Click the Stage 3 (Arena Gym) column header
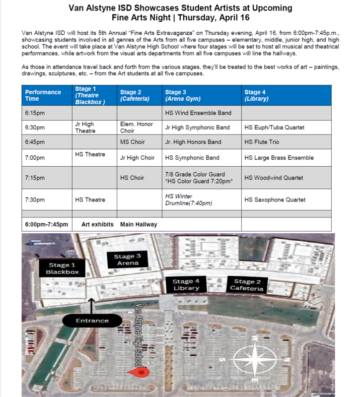(202, 95)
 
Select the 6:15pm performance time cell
(46, 113)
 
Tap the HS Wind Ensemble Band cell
(202, 113)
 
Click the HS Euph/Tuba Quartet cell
(286, 128)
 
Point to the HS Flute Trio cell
(286, 142)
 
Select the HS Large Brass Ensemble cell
(286, 158)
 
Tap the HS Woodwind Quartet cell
(286, 178)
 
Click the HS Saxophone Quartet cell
(286, 199)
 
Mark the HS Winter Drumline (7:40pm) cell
(202, 199)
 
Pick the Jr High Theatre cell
(94, 128)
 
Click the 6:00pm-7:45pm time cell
(46, 224)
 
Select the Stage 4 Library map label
(186, 284)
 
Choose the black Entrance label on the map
(92, 321)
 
